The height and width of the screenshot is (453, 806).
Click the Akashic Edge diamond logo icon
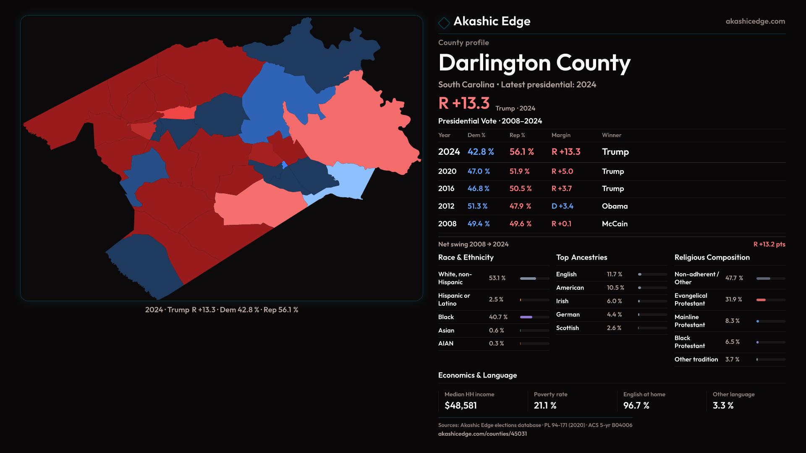(x=444, y=22)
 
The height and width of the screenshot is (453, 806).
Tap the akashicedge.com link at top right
(x=755, y=21)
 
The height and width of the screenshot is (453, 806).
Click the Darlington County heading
(x=534, y=63)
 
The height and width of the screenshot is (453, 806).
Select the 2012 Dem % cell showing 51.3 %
(x=477, y=206)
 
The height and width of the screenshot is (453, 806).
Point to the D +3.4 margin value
(x=562, y=206)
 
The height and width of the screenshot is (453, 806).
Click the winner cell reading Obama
(x=615, y=206)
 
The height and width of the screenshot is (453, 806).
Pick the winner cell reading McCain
(x=615, y=224)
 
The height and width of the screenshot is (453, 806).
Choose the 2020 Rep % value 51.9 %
(x=519, y=172)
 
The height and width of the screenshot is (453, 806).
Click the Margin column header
(x=561, y=135)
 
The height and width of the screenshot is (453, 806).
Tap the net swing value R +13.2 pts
(x=769, y=244)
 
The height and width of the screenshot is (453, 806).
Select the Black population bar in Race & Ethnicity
(x=526, y=317)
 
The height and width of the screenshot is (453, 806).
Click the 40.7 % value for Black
(x=498, y=317)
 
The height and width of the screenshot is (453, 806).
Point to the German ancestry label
(x=568, y=315)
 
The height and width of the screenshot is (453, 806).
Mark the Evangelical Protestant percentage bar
(x=761, y=300)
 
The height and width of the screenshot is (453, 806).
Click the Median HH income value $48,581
(x=461, y=406)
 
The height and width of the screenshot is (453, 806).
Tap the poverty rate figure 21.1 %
(x=545, y=406)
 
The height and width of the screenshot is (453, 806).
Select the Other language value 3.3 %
(x=723, y=406)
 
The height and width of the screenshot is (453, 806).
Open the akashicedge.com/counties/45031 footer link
(x=482, y=434)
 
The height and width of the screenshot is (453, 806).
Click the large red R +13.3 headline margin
(x=464, y=103)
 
